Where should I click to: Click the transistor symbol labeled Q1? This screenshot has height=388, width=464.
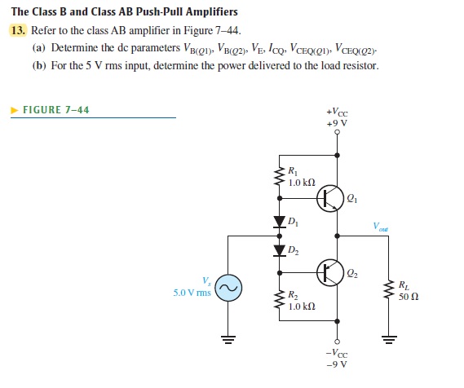click(x=330, y=196)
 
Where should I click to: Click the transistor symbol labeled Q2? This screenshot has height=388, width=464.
click(x=330, y=271)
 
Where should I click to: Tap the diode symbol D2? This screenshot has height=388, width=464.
click(x=279, y=249)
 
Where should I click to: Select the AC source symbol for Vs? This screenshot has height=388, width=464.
click(x=229, y=288)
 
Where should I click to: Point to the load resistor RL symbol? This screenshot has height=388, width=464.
click(x=389, y=290)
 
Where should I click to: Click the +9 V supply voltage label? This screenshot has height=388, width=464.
click(x=337, y=123)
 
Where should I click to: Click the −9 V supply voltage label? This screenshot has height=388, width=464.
click(x=337, y=364)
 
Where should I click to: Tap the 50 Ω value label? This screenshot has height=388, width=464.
click(x=409, y=297)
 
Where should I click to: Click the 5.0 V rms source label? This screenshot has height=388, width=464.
click(x=192, y=292)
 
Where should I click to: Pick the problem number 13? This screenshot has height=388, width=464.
click(x=18, y=30)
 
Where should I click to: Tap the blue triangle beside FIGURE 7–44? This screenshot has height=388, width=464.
click(x=14, y=109)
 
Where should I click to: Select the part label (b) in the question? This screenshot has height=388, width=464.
click(x=38, y=64)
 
